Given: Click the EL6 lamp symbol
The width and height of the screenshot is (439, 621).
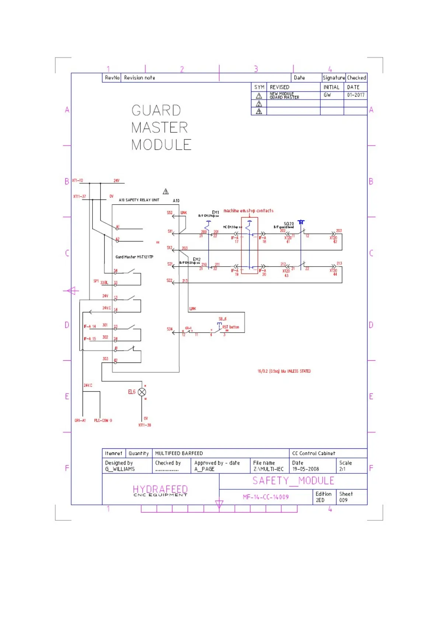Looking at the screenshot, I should point(142,392).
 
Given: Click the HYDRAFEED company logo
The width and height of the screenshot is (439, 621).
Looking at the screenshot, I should point(160,490).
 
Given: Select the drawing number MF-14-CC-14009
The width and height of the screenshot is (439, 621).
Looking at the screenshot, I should point(265,497).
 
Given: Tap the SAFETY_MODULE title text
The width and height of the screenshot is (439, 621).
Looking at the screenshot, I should point(293,481).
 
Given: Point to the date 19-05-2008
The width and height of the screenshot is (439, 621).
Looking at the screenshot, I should point(306,469).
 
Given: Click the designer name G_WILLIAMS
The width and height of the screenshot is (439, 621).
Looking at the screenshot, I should point(120,469).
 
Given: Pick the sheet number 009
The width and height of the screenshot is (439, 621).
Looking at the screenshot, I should point(343,500).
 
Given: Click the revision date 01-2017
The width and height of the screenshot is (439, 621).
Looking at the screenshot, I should point(355,95).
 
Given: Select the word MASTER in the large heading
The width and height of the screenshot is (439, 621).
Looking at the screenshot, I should point(159,128).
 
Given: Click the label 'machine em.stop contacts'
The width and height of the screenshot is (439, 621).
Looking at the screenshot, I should point(248,211).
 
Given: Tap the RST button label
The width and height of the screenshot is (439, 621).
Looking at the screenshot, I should point(231,327).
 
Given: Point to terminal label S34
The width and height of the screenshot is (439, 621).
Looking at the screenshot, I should point(170,329).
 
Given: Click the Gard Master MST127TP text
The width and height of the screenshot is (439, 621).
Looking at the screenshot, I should point(134,257).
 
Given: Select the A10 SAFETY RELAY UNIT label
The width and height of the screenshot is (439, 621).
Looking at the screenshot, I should point(139,200).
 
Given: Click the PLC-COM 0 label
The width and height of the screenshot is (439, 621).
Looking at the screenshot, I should point(103,420).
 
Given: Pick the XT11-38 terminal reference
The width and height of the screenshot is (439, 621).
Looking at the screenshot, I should point(144,425).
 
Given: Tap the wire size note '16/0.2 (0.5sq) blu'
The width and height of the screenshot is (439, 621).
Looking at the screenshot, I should point(284,371).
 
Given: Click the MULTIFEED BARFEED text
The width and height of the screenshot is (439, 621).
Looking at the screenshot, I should point(179,453).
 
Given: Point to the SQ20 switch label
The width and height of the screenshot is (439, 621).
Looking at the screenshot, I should point(289,224).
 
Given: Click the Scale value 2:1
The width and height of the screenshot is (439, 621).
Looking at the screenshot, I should point(342,469).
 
